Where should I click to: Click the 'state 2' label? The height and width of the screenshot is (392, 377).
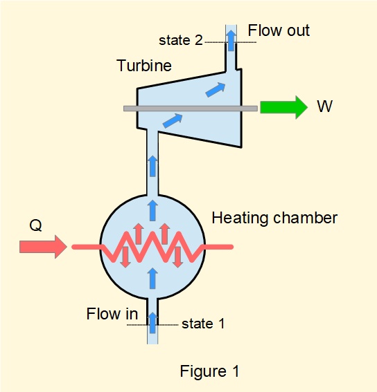[180, 40]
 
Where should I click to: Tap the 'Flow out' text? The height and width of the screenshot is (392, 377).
[279, 30]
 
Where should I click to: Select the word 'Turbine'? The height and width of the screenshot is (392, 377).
[144, 66]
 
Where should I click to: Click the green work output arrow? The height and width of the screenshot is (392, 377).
[283, 107]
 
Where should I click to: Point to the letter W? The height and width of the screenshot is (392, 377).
[324, 107]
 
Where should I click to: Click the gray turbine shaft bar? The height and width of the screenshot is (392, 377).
[190, 108]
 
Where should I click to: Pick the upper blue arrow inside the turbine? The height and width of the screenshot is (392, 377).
[216, 89]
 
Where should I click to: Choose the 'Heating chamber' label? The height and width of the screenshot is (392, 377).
[274, 218]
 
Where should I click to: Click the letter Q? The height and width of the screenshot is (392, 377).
[35, 225]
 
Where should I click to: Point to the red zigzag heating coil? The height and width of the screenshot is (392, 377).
[152, 247]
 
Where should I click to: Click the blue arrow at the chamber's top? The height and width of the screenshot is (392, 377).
[152, 210]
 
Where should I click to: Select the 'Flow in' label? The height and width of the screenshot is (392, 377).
[112, 314]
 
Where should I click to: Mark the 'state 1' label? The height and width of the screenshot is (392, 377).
[203, 323]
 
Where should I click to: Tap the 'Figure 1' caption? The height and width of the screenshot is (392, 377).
[209, 371]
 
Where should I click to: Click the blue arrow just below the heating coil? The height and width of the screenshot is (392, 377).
[152, 278]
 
